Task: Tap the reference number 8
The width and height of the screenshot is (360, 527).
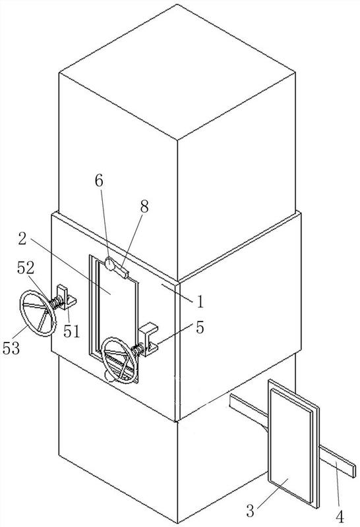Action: (144, 207)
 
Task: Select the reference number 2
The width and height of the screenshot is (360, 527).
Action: (22, 238)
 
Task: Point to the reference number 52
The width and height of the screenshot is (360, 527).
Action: (26, 268)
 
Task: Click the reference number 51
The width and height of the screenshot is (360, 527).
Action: (72, 332)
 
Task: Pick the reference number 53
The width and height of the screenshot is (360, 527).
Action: (11, 348)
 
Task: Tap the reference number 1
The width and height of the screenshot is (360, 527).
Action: (200, 302)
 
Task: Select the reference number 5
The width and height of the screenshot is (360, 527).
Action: (200, 327)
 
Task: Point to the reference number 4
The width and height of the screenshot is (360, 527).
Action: (340, 516)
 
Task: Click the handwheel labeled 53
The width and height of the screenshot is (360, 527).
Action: (38, 314)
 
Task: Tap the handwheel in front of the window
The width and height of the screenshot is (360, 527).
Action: (120, 360)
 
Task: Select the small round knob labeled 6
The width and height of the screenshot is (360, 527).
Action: (109, 264)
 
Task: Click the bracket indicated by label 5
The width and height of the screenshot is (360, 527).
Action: (150, 339)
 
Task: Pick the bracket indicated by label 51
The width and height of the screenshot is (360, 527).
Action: (67, 297)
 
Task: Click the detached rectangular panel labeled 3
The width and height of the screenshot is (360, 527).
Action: (293, 443)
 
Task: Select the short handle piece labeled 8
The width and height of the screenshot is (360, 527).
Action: (121, 271)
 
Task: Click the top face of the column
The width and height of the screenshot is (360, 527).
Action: (177, 72)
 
